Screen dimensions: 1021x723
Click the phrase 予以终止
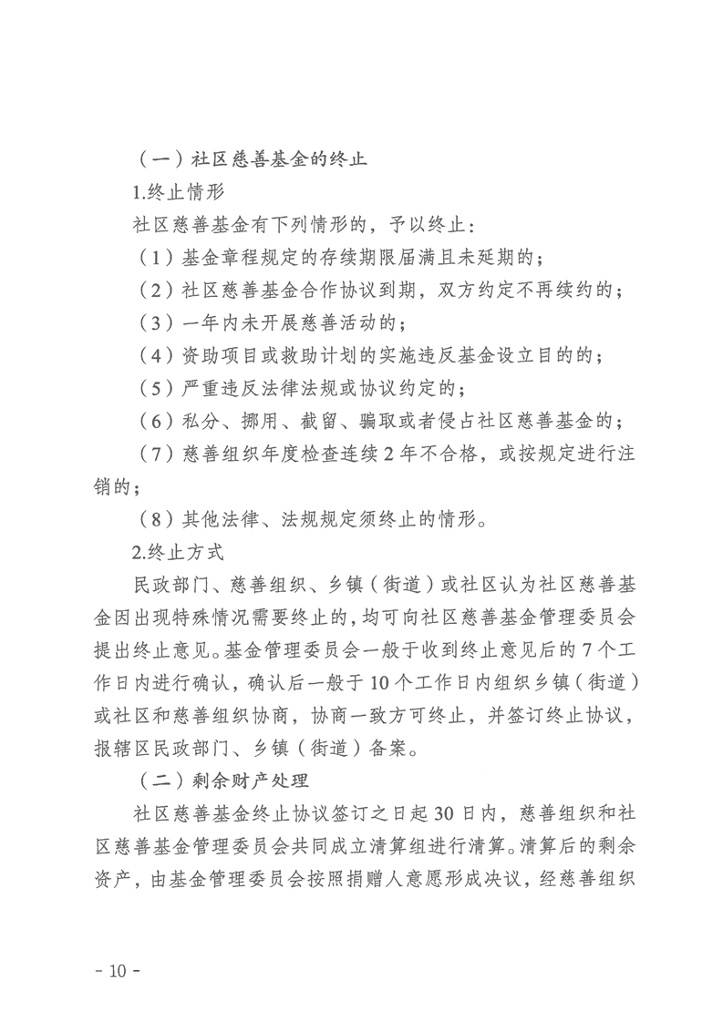[x=428, y=223]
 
